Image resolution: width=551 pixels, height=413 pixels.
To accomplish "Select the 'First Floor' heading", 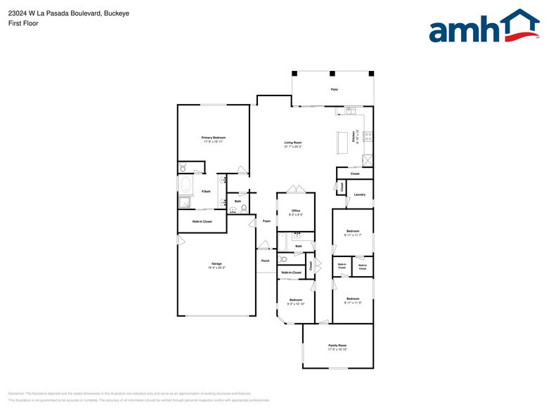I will [x=23, y=23].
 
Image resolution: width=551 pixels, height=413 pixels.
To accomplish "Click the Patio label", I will [x=334, y=90].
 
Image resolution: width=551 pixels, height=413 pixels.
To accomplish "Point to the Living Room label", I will [x=292, y=143].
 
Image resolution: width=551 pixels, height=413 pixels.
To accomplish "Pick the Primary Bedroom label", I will [x=213, y=138].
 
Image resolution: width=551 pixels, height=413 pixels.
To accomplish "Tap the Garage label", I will [x=216, y=263].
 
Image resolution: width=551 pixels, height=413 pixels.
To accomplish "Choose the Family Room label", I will [x=337, y=346].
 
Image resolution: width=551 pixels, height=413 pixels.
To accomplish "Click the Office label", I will [x=296, y=211].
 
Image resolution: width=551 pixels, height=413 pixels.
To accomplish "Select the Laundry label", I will [x=359, y=195].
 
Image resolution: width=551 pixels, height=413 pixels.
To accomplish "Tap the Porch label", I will [x=265, y=261].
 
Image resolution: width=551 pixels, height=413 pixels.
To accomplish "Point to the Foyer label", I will [x=266, y=221].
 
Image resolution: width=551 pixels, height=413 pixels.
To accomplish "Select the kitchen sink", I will [x=350, y=110].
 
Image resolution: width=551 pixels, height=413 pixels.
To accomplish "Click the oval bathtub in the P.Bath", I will [x=186, y=186].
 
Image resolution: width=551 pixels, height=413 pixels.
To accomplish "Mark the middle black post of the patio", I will [x=332, y=73].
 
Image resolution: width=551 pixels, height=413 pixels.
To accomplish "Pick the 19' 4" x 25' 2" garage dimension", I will [x=216, y=268].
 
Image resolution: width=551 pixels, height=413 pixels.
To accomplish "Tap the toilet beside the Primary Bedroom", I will [x=183, y=167].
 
